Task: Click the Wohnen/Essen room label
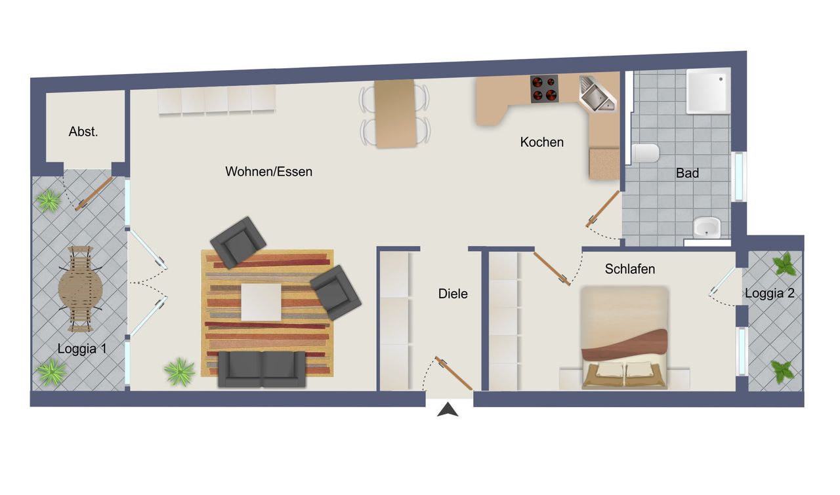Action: click(x=268, y=172)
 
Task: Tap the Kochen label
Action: click(x=541, y=142)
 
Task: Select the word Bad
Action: click(x=687, y=173)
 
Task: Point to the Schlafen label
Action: click(x=629, y=269)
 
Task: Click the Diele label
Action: click(x=453, y=294)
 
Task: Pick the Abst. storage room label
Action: click(x=83, y=132)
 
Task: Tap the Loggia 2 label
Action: click(x=770, y=293)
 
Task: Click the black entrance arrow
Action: click(x=448, y=410)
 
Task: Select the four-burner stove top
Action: click(x=544, y=89)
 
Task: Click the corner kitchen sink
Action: click(x=597, y=94)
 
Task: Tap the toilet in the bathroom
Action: click(x=645, y=153)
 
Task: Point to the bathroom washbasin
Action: click(x=707, y=227)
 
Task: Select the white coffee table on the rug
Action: click(x=261, y=302)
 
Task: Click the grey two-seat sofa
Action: click(x=262, y=369)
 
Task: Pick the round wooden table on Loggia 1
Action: click(x=80, y=289)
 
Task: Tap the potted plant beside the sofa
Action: click(x=180, y=372)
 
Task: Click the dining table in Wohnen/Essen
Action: click(x=395, y=113)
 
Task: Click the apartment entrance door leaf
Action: click(x=453, y=373)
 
